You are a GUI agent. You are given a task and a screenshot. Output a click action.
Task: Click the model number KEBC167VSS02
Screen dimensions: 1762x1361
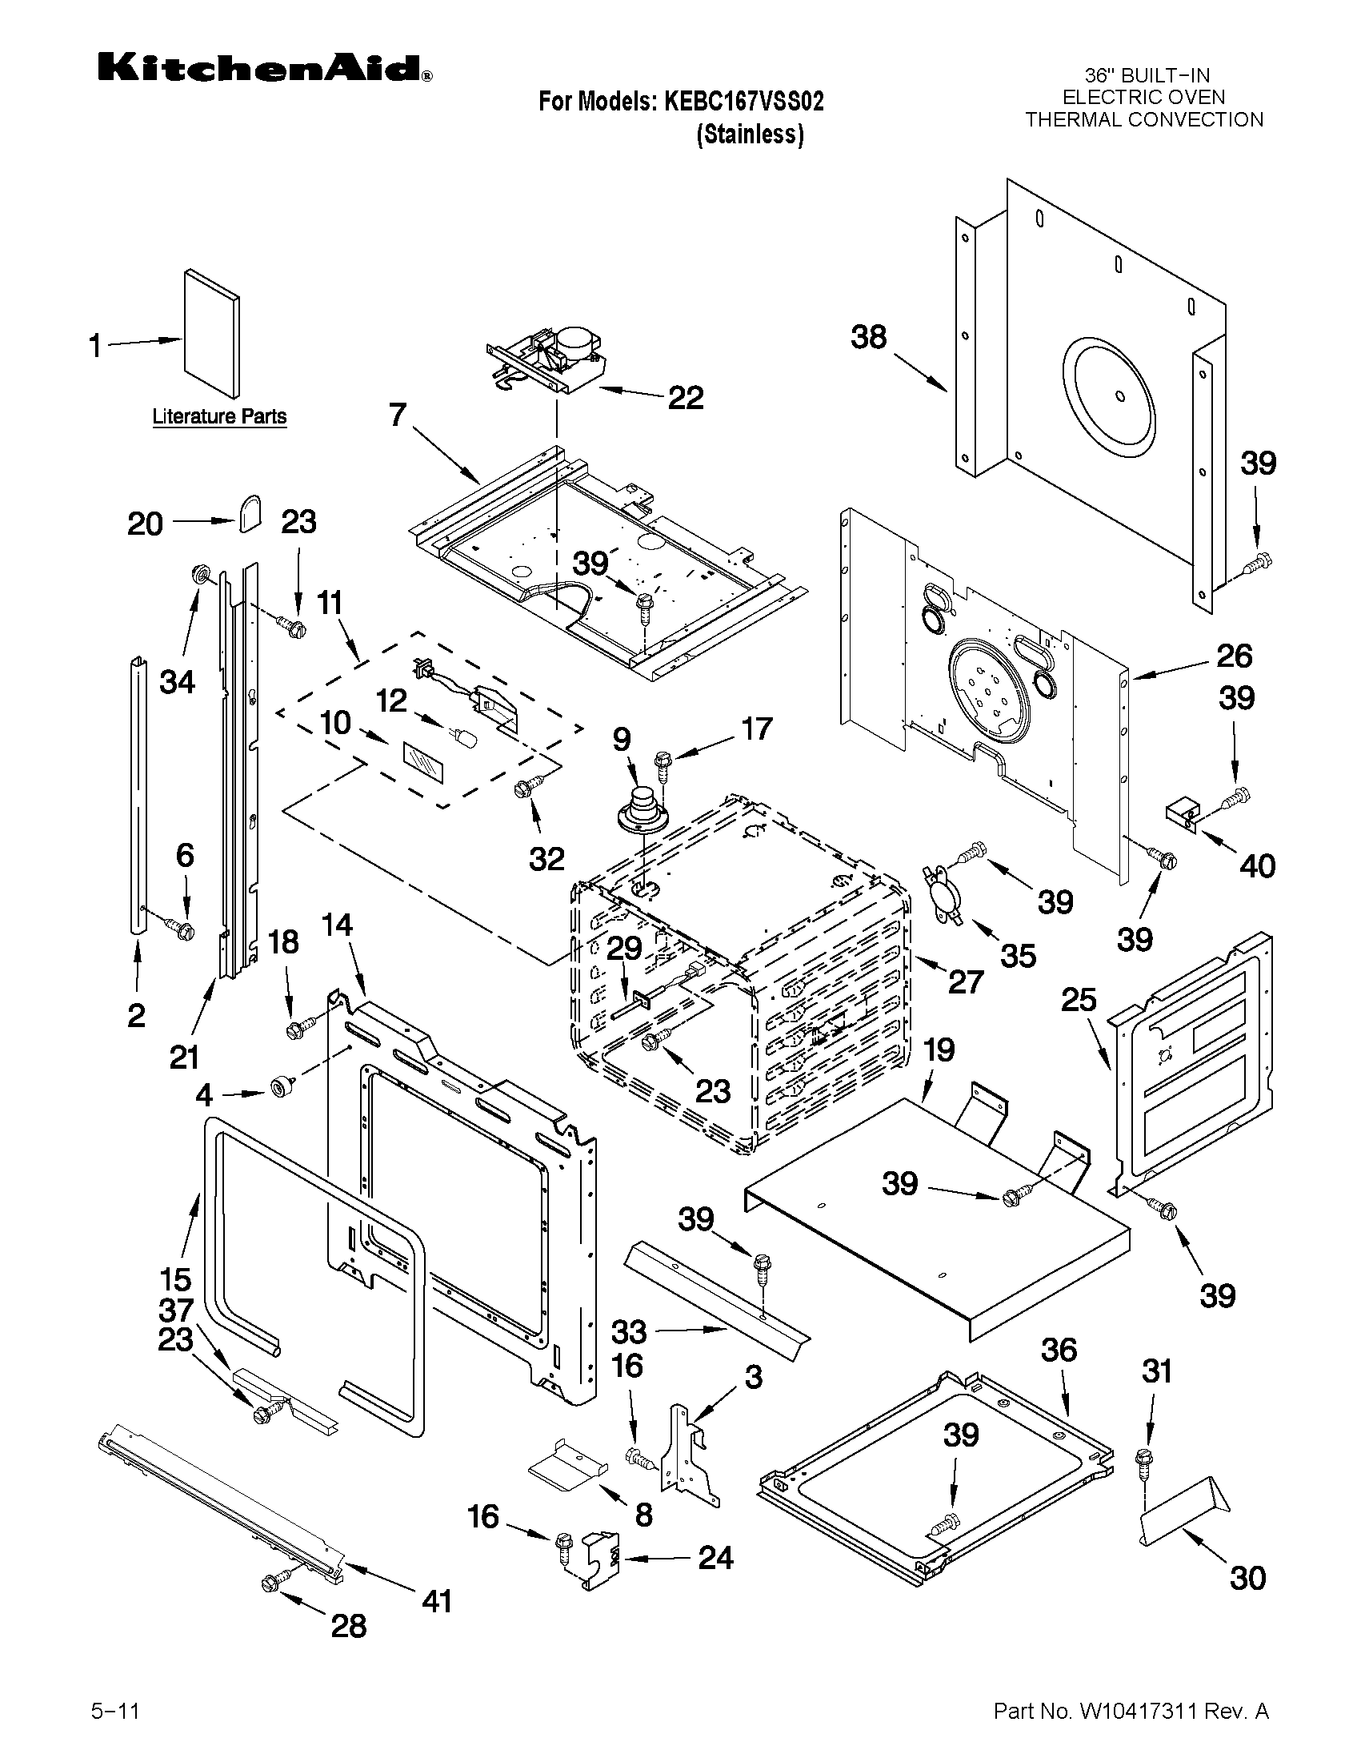(743, 102)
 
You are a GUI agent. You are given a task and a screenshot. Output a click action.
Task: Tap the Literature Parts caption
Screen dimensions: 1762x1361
(219, 417)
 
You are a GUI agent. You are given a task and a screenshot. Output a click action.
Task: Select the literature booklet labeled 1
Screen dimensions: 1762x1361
(211, 333)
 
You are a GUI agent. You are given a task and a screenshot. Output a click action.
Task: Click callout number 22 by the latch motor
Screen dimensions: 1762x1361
(686, 398)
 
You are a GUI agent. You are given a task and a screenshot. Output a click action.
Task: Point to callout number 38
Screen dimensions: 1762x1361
(868, 337)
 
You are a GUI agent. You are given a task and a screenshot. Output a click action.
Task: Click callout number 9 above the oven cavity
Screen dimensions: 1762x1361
(622, 739)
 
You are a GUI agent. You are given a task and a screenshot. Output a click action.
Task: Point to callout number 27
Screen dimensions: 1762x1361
(965, 981)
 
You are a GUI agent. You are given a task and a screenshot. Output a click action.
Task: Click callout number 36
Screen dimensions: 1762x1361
(1059, 1350)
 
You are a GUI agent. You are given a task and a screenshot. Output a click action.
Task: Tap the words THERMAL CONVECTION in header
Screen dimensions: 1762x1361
(1143, 120)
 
